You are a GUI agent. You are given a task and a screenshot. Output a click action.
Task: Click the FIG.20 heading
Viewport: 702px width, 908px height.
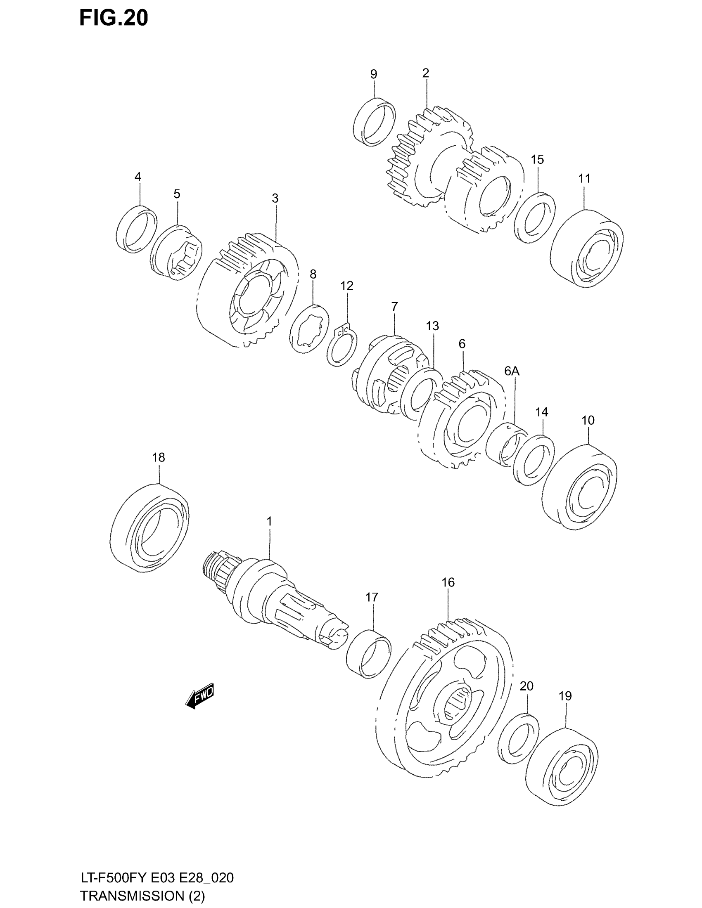point(114,19)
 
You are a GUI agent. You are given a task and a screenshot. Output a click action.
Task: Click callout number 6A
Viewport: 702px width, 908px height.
point(512,371)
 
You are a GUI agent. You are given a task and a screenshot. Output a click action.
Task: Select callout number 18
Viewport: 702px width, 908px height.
point(159,458)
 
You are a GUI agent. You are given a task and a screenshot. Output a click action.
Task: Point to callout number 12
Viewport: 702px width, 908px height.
point(346,286)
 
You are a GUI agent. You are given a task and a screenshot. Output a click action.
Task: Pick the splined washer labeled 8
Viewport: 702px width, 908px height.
point(309,329)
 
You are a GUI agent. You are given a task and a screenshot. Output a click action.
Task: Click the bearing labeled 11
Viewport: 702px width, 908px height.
point(586,248)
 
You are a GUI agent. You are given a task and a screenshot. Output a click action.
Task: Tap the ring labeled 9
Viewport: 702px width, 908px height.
point(374,121)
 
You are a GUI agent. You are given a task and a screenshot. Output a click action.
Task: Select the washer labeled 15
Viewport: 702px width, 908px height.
point(534,218)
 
